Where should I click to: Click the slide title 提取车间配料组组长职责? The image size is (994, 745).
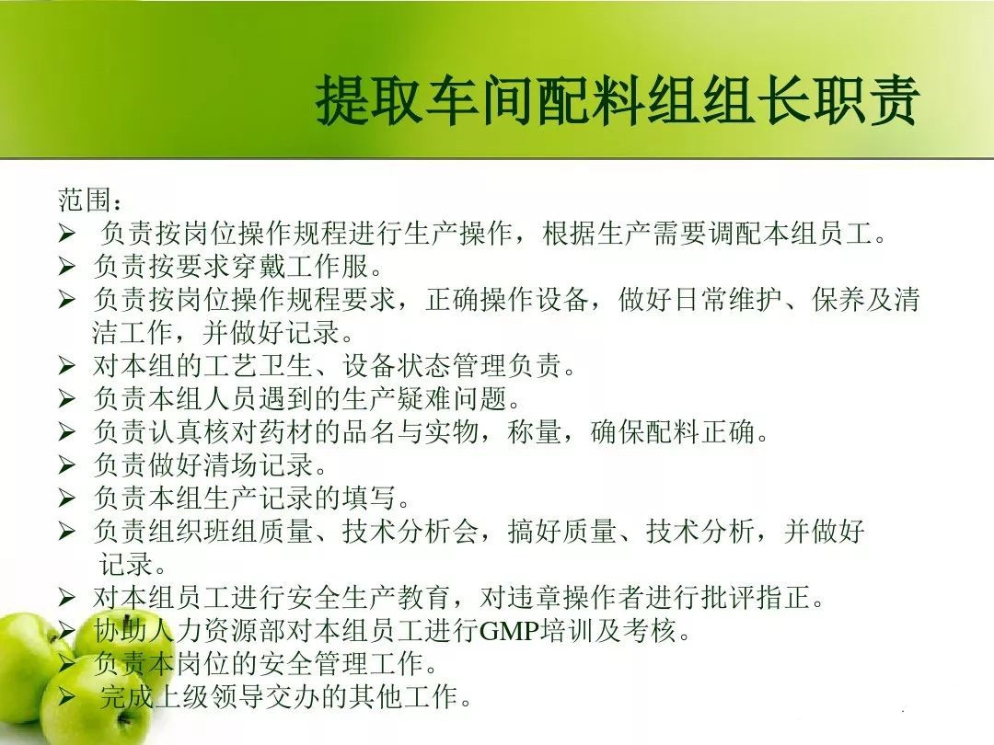618,100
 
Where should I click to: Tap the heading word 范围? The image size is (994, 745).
85,200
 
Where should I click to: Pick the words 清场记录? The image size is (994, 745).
258,464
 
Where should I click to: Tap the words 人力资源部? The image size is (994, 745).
217,630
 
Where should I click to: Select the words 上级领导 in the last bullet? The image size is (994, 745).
208,696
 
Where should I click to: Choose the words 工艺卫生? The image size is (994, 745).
258,365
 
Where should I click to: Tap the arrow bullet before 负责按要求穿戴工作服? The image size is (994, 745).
66,266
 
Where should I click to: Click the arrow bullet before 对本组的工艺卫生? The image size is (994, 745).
66,365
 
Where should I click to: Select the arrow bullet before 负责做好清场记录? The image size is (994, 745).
66,464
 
